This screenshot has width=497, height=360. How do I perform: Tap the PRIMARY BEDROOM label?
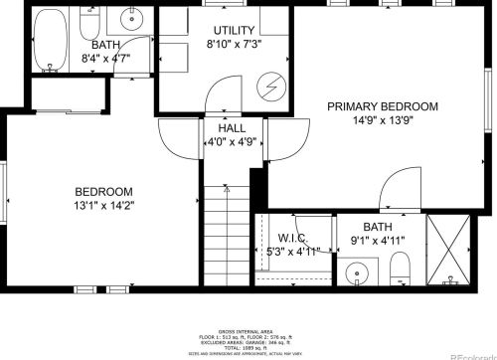click(382, 107)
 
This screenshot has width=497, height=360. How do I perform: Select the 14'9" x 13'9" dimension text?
click(383, 121)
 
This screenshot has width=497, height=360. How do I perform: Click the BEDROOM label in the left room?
click(103, 192)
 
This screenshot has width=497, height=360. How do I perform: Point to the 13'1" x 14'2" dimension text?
click(104, 206)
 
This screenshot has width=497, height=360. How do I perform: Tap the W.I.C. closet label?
click(291, 238)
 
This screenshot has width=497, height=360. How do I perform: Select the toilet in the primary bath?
click(401, 266)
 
